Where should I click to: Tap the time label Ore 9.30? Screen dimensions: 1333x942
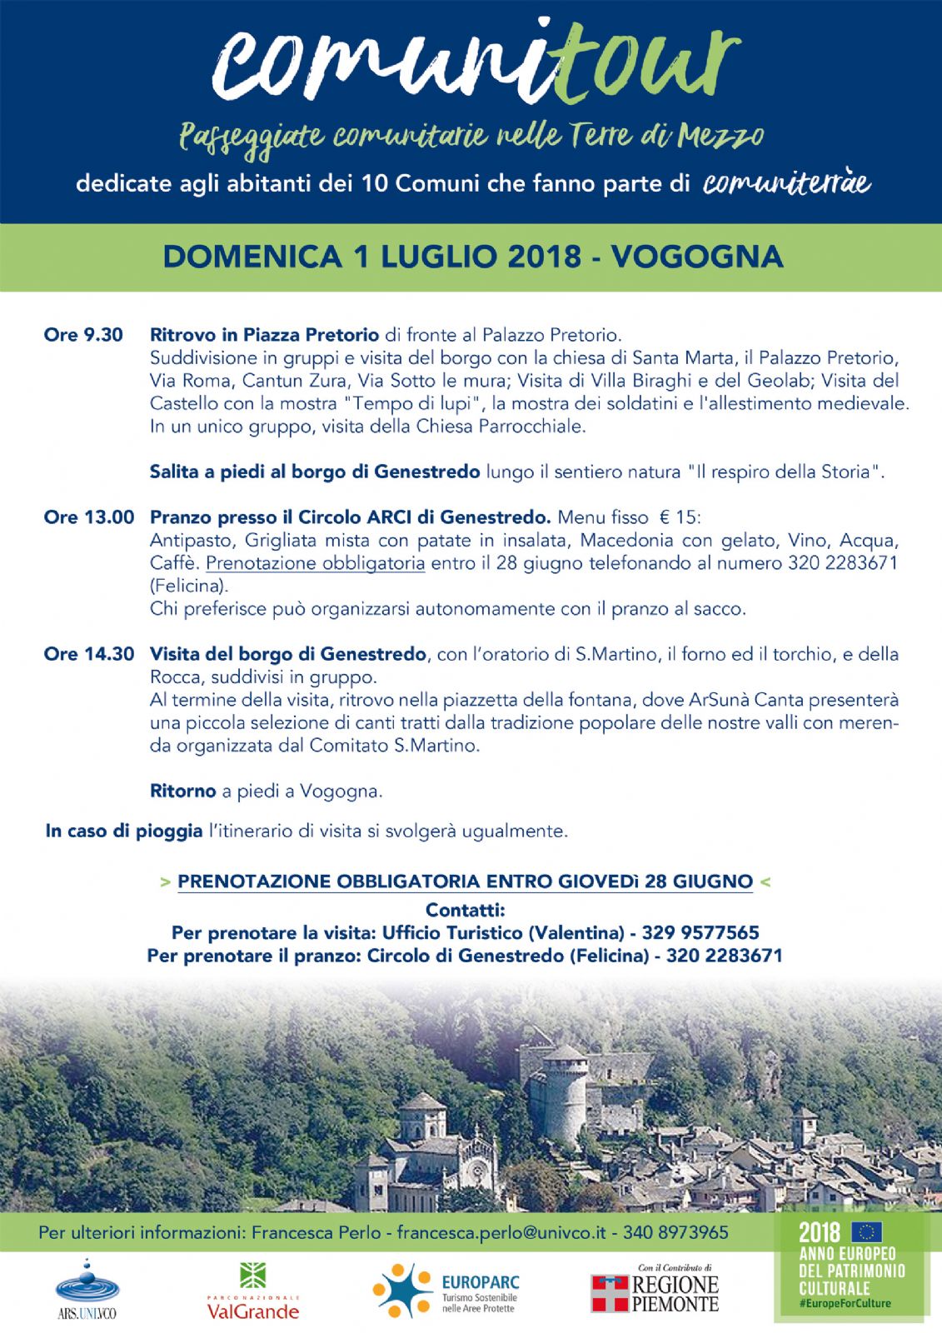click(83, 335)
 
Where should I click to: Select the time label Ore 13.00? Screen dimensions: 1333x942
click(88, 517)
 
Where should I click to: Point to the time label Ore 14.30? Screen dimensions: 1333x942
click(88, 654)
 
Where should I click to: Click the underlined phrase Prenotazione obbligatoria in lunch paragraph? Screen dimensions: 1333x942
click(315, 563)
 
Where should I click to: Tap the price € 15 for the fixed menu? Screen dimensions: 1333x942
click(678, 517)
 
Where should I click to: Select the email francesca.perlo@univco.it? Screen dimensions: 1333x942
click(501, 1232)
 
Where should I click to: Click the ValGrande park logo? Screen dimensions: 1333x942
click(252, 1291)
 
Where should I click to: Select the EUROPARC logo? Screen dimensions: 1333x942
click(446, 1291)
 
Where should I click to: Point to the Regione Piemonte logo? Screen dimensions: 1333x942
click(655, 1291)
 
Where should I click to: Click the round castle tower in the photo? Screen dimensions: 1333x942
click(566, 1083)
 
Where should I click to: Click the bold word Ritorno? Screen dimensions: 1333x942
click(182, 791)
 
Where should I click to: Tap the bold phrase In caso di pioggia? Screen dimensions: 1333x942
click(124, 831)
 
